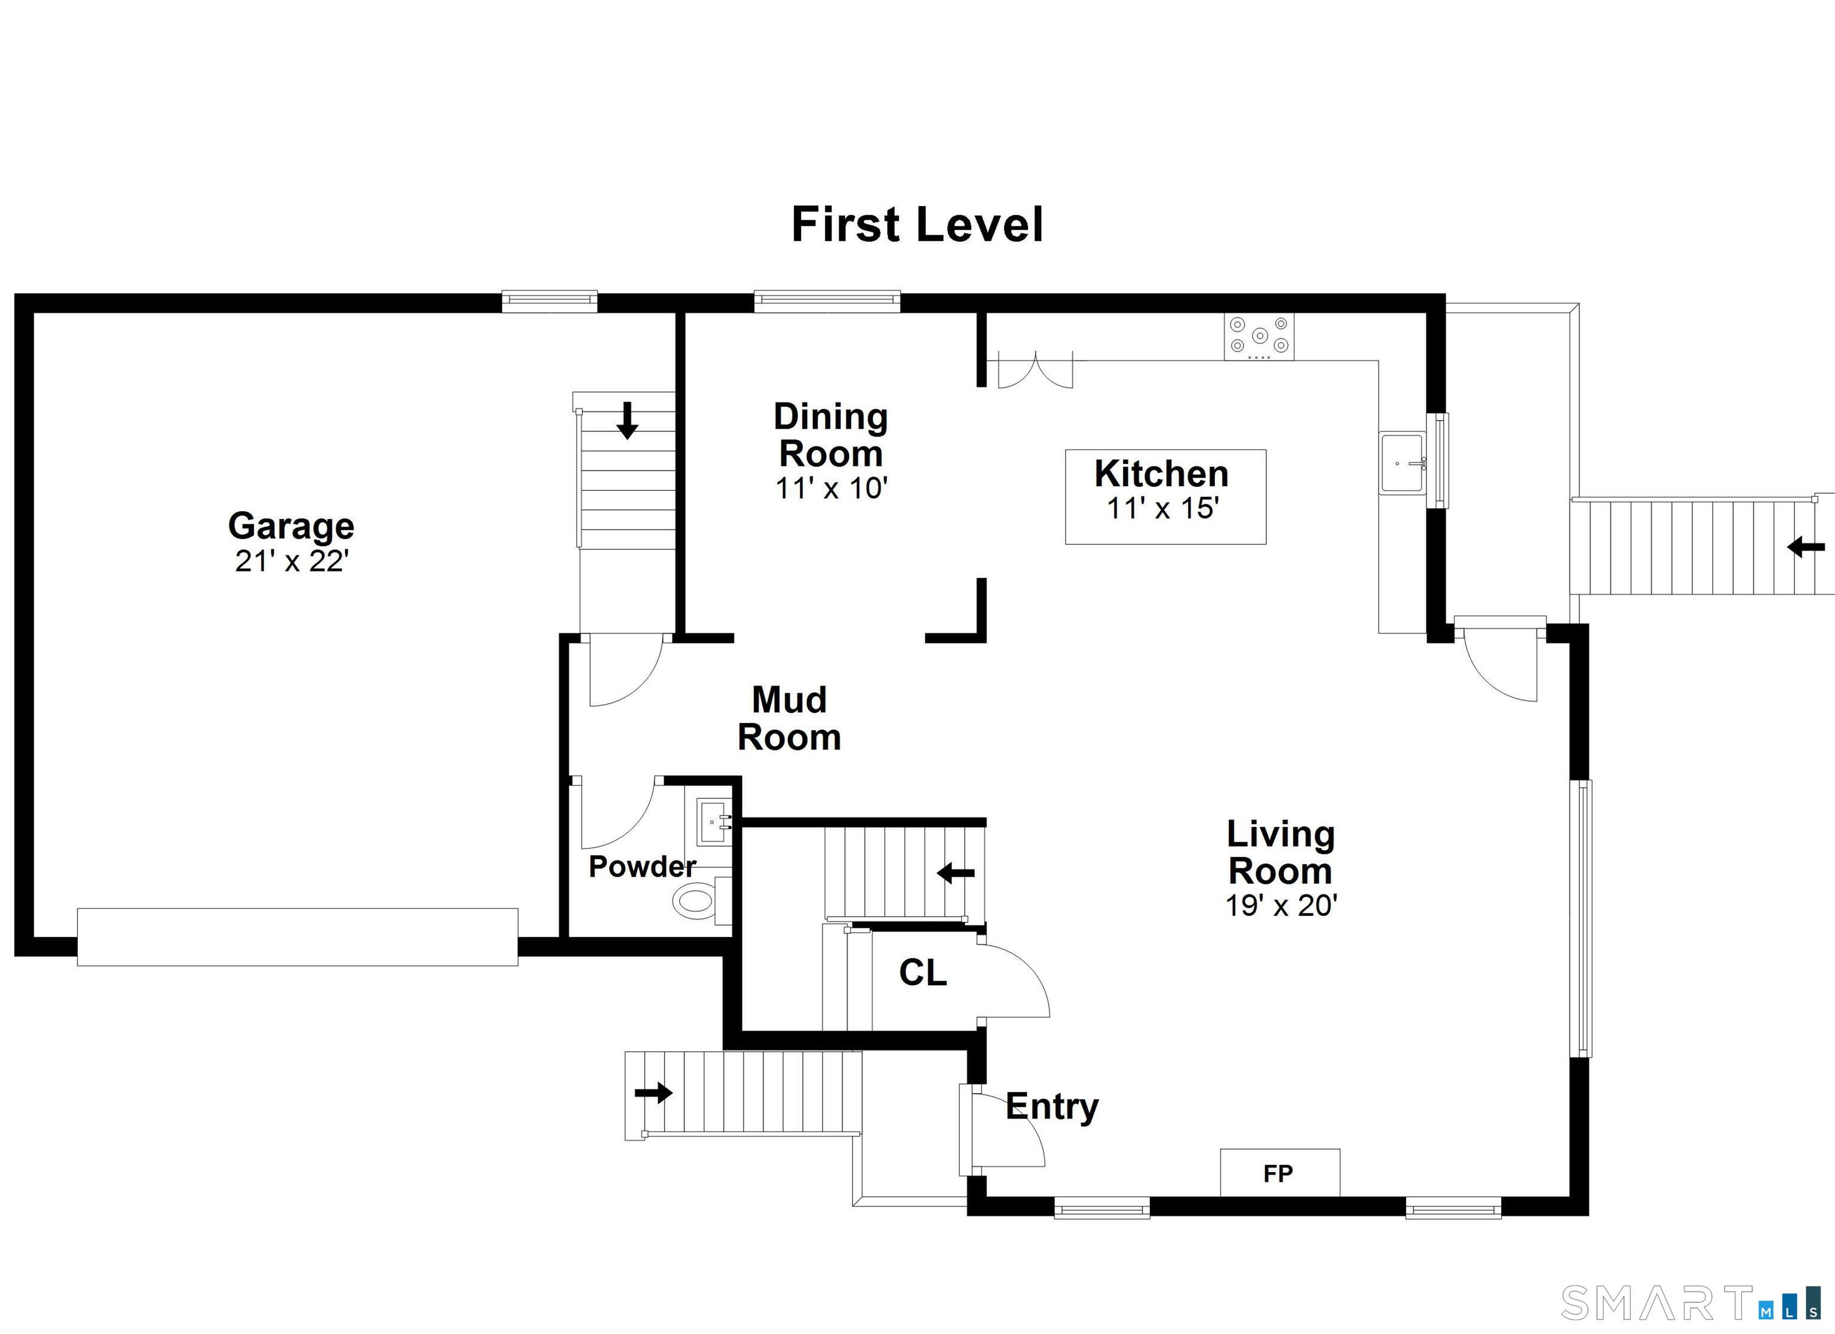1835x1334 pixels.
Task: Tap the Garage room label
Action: (291, 526)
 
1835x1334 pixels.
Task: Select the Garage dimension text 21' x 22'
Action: (291, 561)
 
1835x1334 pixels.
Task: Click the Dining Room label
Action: (831, 435)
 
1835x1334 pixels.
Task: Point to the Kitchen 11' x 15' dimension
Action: (1162, 509)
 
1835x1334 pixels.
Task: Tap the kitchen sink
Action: (1403, 463)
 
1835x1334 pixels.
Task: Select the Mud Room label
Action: (790, 718)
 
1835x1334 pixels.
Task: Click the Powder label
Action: (642, 866)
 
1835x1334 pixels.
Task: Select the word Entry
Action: (1052, 1108)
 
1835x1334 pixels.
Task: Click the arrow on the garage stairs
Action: (627, 420)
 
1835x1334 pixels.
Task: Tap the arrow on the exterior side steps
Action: (1806, 548)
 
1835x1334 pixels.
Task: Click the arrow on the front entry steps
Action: (653, 1093)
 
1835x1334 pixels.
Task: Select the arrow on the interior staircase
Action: (956, 873)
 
